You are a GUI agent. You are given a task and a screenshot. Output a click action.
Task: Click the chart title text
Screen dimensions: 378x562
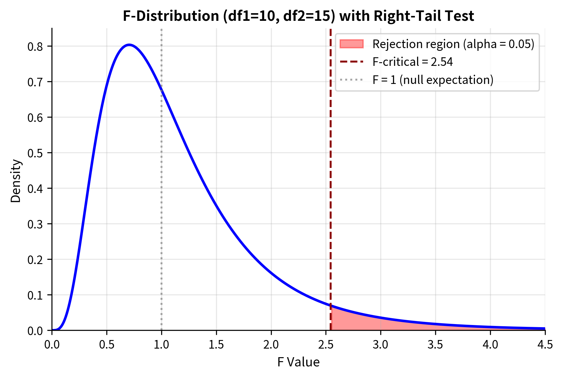click(298, 16)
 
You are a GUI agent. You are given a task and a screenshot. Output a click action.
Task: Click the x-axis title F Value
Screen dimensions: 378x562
click(298, 362)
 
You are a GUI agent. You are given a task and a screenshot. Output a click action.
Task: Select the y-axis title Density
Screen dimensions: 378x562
click(16, 181)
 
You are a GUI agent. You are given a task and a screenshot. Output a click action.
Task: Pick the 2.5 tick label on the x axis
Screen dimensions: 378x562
click(326, 345)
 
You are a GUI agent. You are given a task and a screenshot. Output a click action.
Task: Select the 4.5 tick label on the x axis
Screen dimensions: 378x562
click(545, 345)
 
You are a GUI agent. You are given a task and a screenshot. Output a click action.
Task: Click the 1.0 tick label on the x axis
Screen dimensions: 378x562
click(161, 345)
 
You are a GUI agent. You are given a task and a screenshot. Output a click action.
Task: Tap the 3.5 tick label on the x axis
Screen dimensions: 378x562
click(435, 345)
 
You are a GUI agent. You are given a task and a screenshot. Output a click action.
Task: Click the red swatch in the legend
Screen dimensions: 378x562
click(351, 44)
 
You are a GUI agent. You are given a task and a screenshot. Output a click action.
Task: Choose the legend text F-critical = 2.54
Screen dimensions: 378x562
click(412, 62)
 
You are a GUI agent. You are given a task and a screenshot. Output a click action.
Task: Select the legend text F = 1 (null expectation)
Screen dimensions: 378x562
click(433, 80)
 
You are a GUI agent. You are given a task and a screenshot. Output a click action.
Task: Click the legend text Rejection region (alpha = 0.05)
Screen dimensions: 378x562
click(453, 44)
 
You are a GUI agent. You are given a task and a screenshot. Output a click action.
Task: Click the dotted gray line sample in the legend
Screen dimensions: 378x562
click(351, 80)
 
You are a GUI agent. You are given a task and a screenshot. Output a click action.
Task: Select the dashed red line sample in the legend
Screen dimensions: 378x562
click(351, 62)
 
